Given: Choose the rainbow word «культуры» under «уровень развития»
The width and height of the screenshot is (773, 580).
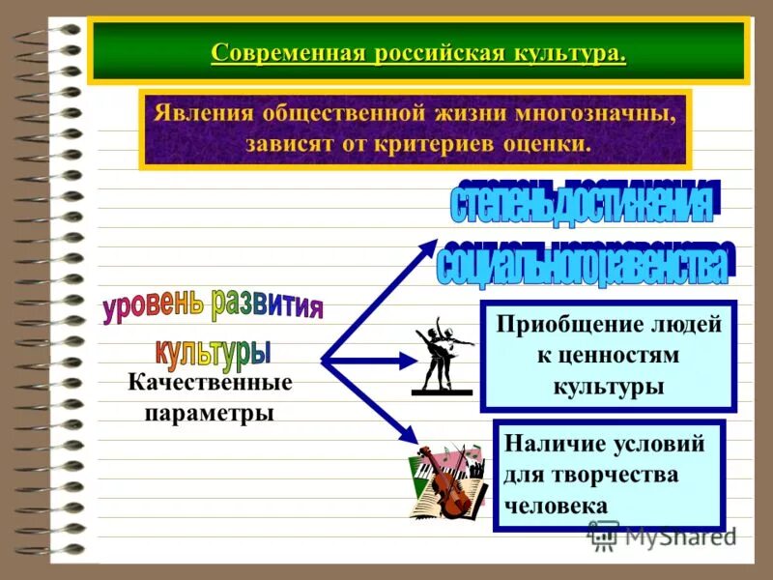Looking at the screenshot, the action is tap(213, 351).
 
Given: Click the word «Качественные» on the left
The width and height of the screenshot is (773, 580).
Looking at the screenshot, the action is tap(210, 383).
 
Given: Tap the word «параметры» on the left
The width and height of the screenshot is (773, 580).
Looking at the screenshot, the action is tap(210, 413).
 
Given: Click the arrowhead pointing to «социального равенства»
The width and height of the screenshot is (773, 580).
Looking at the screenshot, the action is tap(428, 246).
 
